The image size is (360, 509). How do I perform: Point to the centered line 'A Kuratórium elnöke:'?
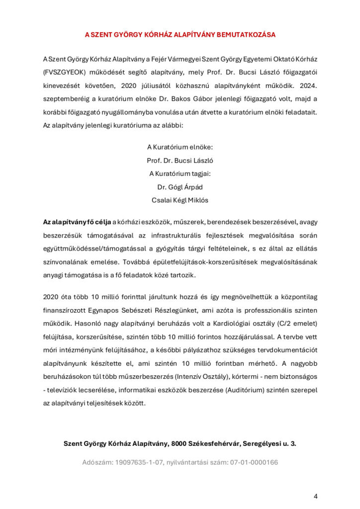(180, 147)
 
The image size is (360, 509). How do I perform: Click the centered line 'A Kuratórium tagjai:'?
(180, 173)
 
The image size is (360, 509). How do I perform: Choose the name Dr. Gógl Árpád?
(180, 187)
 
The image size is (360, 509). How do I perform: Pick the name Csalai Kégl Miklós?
(180, 200)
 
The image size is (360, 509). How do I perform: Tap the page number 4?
(315, 496)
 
